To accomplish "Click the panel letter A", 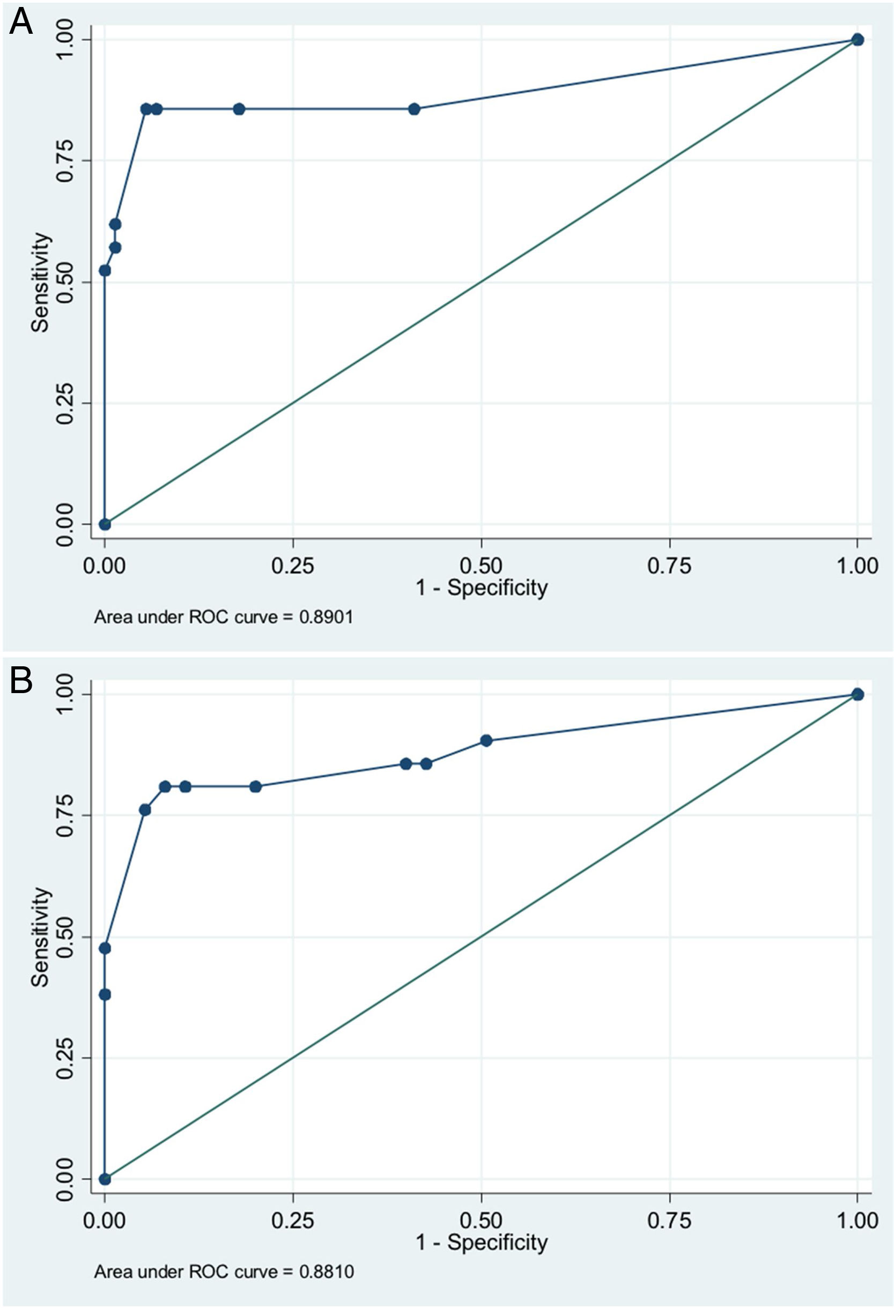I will [x=21, y=23].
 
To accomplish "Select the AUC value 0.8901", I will [x=326, y=618].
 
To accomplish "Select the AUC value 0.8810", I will [x=327, y=1272].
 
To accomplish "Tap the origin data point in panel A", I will [x=105, y=524].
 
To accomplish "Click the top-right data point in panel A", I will [x=858, y=40].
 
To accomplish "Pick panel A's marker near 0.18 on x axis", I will [x=239, y=109].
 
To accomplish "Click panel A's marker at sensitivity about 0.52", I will [x=105, y=270].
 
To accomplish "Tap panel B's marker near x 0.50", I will [x=486, y=740].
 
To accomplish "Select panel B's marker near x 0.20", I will [x=255, y=786].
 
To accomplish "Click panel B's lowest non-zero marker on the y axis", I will [x=105, y=994].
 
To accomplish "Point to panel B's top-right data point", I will [x=858, y=694].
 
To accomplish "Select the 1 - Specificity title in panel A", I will [x=482, y=587].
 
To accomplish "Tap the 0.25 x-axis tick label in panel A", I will [x=293, y=566].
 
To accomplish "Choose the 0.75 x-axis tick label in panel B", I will [x=669, y=1221].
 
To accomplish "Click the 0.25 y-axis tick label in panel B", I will [x=65, y=1058].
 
